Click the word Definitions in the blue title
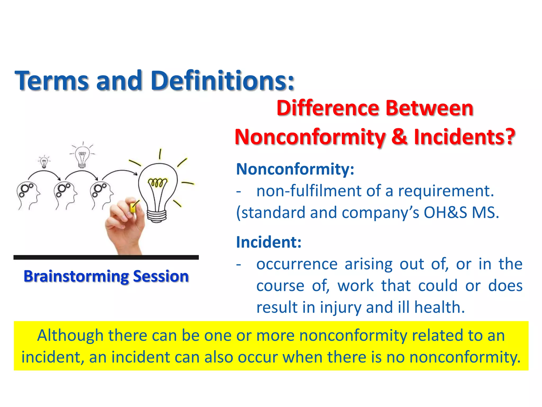222,80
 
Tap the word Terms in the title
52,81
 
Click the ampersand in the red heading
399,137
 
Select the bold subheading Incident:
269,242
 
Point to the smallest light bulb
44,162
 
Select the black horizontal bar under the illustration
106,257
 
